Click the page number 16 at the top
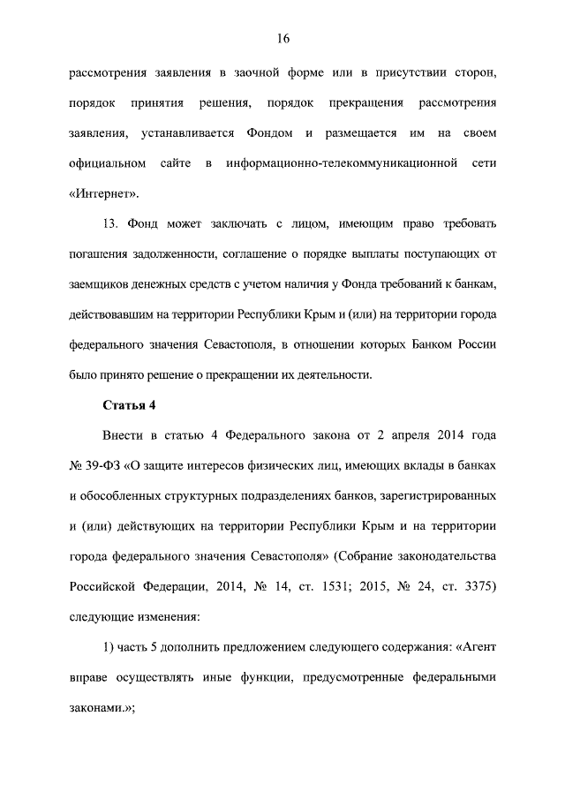point(282,39)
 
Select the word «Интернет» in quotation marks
point(103,194)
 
